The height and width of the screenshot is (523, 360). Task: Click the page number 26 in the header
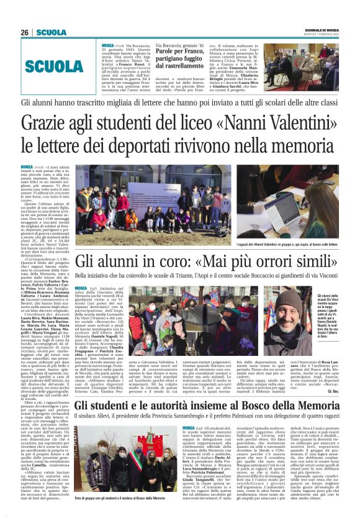coord(25,32)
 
